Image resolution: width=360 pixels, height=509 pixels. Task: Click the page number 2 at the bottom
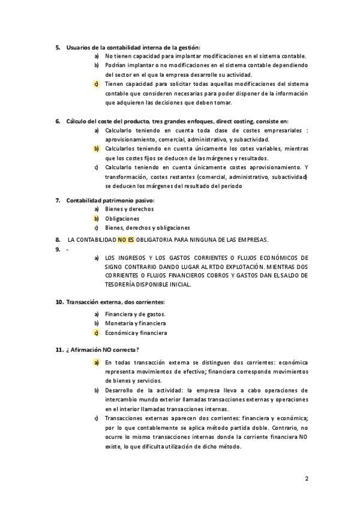(306, 479)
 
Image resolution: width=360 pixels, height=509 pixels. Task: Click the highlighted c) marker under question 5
(97, 83)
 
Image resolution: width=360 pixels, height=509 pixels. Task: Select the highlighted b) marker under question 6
(97, 148)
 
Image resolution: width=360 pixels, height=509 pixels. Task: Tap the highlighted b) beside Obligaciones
(97, 218)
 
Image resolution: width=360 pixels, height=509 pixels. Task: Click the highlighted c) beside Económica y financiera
(97, 333)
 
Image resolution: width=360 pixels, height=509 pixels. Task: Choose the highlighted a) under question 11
(97, 363)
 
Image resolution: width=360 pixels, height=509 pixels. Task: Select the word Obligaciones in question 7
(122, 218)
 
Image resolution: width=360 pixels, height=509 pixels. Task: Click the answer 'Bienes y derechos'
(129, 209)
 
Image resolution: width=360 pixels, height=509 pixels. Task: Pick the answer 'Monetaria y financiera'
(136, 324)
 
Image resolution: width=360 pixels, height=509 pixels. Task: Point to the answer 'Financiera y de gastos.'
(136, 315)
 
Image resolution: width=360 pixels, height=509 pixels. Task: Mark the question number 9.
(58, 248)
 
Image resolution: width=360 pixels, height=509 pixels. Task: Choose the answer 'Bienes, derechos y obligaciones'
(148, 228)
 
